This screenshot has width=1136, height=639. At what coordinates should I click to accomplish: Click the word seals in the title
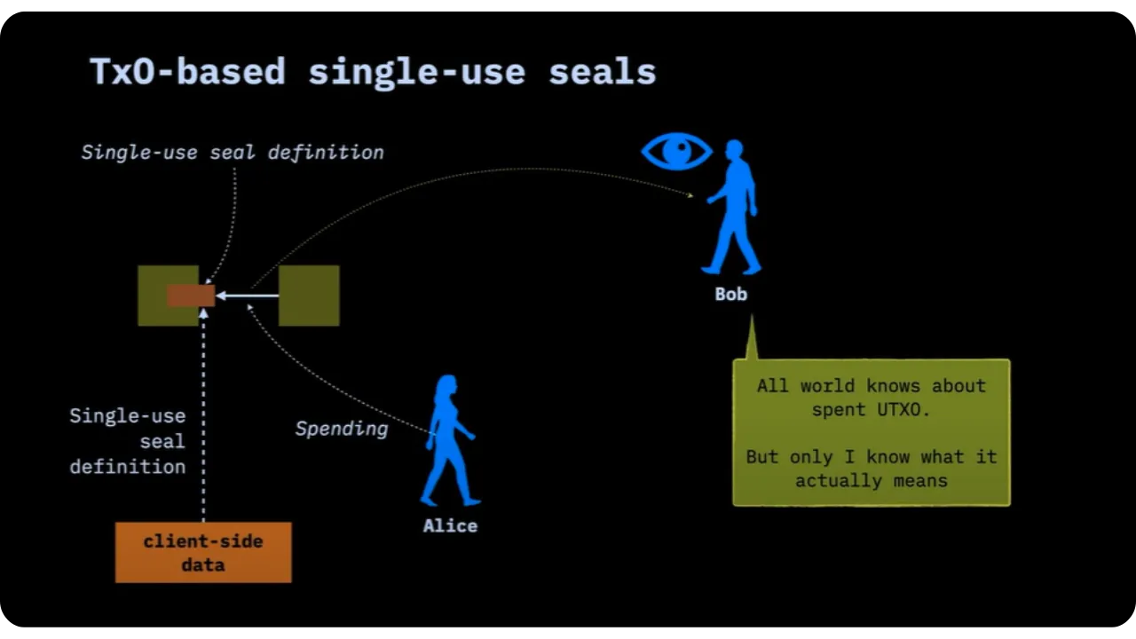(602, 72)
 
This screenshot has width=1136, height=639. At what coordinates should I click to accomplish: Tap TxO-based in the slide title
(187, 72)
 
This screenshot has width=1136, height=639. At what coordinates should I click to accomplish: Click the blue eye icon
(676, 151)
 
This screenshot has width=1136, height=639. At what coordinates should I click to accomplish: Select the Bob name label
(731, 294)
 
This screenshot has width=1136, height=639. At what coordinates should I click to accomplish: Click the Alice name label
(450, 525)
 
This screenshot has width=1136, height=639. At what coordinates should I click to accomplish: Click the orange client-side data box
(203, 552)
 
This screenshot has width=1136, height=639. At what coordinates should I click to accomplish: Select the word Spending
(342, 429)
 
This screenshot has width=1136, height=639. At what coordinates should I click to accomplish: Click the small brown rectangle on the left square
(191, 296)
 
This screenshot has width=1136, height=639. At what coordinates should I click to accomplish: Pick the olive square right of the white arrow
(309, 296)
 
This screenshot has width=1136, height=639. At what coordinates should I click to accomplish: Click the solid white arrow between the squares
(246, 296)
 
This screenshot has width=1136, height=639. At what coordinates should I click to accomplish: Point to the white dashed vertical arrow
(203, 417)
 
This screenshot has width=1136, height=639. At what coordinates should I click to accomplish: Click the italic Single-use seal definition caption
(233, 153)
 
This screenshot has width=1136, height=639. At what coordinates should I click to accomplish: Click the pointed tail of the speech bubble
(752, 342)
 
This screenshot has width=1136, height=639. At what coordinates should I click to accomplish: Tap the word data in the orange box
(203, 565)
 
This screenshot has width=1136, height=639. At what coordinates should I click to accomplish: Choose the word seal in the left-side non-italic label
(162, 441)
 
